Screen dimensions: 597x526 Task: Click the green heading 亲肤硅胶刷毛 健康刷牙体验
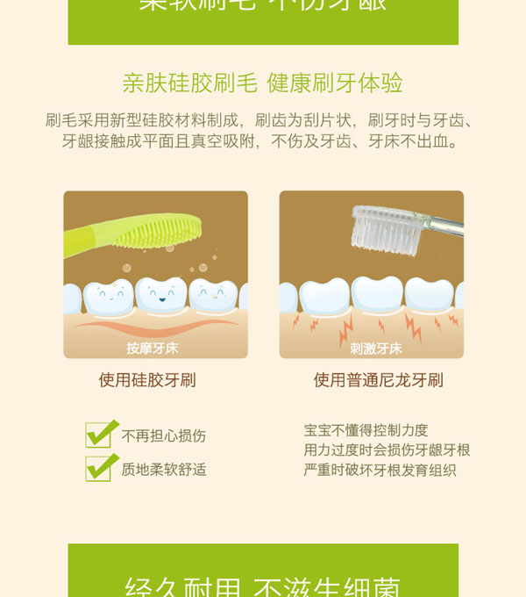tap(262, 83)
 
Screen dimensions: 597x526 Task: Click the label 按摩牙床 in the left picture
tap(153, 349)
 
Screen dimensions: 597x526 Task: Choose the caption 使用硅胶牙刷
tap(147, 380)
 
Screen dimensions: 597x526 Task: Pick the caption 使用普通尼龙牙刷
tap(378, 380)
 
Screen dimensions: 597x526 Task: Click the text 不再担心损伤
tap(164, 436)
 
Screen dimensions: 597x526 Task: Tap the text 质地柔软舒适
tap(164, 470)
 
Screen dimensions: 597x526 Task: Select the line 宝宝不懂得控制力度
tap(366, 430)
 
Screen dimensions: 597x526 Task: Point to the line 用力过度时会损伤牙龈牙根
tap(387, 450)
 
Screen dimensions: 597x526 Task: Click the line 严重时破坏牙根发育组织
tap(380, 471)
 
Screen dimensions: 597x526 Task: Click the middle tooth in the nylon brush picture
tap(378, 295)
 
